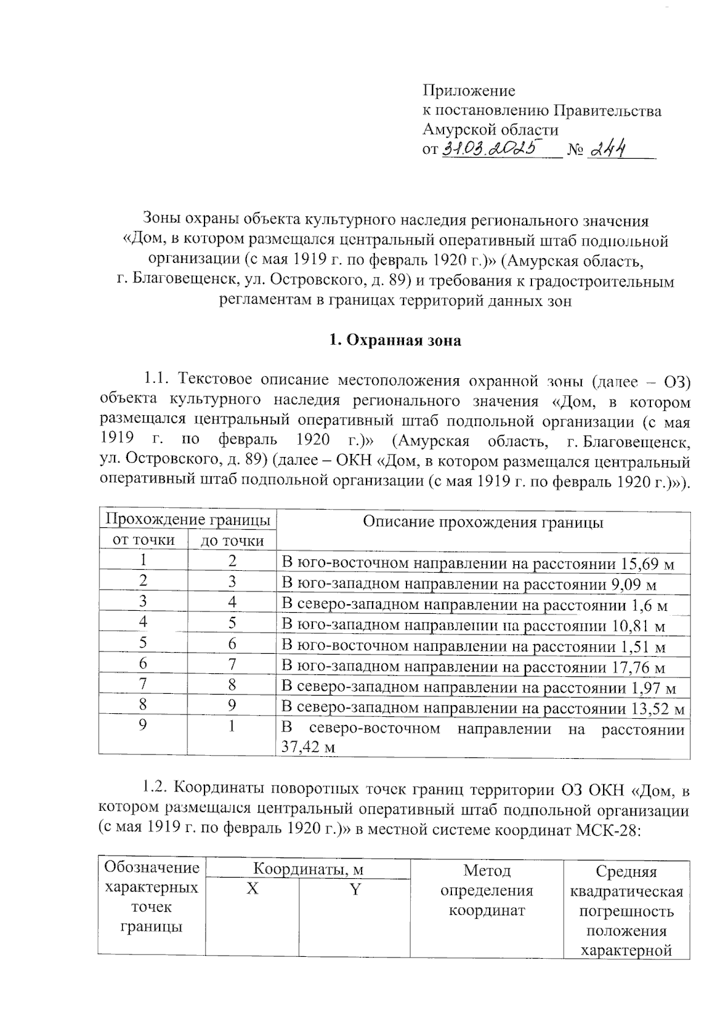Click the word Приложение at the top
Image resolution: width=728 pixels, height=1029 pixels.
pos(468,91)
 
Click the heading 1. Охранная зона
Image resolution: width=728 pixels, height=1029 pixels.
pos(394,341)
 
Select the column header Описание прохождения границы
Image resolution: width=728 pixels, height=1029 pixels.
pos(482,523)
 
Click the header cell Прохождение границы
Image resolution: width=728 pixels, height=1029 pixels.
pos(187,520)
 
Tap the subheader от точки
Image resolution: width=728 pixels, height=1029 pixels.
pos(144,540)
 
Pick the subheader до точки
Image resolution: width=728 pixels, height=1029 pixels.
pos(232,541)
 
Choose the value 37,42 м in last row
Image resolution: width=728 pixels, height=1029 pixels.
pos(307,748)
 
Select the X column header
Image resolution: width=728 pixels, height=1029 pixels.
pos(252,890)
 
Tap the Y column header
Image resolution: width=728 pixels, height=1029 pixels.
pos(355,890)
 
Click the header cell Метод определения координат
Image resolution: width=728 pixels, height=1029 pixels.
pos(487,890)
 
